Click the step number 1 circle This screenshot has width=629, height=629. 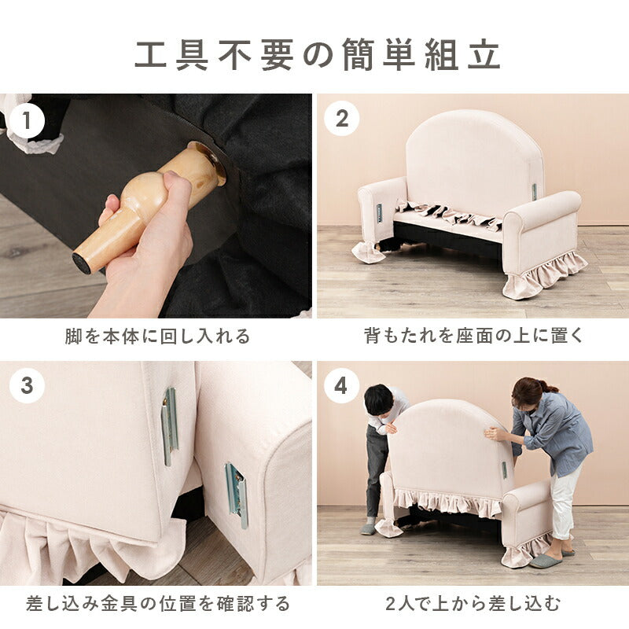pyautogui.click(x=28, y=121)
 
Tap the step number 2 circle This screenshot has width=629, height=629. pyautogui.click(x=342, y=119)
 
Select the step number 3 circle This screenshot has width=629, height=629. pyautogui.click(x=28, y=387)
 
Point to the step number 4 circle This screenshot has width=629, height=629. pyautogui.click(x=342, y=386)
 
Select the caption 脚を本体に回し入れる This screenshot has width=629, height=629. pyautogui.click(x=157, y=337)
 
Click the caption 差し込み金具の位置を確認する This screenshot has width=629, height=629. pyautogui.click(x=157, y=604)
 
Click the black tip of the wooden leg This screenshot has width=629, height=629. pyautogui.click(x=80, y=263)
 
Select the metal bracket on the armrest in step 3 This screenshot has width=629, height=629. pyautogui.click(x=237, y=494)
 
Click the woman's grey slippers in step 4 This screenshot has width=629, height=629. pyautogui.click(x=547, y=560)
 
